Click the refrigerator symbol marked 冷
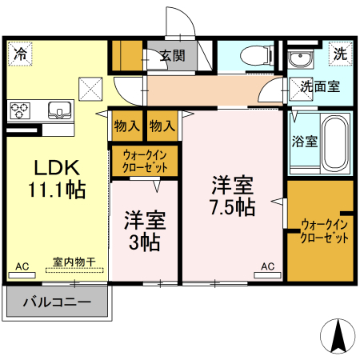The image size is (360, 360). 20,54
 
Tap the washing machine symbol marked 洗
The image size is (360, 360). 341,54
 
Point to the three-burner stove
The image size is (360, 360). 20,110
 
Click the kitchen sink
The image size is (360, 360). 60,110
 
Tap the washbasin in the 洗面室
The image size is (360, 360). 301,59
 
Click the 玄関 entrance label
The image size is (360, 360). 173,56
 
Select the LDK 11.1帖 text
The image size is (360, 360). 57,178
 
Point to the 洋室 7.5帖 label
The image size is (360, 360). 233,196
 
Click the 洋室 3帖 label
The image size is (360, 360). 145,231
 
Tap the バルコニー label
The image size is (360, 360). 57,302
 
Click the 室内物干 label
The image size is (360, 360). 74,262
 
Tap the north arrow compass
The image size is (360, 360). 338,335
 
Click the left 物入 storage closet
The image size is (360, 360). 127,126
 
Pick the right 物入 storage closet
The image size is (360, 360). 162,126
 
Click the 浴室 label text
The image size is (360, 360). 305,142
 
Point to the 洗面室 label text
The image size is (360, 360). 320,86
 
